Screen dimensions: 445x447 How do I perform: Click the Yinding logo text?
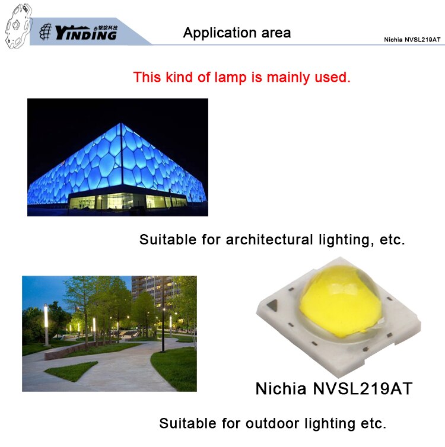click(85, 33)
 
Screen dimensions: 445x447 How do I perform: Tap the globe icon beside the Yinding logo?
click(45, 31)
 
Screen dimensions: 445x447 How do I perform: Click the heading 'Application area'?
click(237, 33)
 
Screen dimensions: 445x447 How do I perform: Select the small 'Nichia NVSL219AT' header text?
click(412, 40)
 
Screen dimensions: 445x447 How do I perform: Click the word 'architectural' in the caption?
click(269, 240)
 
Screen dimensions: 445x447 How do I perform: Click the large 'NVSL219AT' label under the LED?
click(363, 388)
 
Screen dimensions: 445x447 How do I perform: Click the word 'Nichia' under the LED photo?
click(281, 388)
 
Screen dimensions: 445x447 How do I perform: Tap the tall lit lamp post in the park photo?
click(46, 325)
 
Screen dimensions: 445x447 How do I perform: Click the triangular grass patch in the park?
click(71, 371)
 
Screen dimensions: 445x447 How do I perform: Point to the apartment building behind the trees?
click(155, 290)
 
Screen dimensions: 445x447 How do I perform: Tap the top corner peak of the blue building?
click(121, 123)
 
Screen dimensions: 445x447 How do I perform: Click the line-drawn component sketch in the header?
click(18, 25)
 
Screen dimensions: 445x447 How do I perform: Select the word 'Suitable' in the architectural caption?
click(168, 240)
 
